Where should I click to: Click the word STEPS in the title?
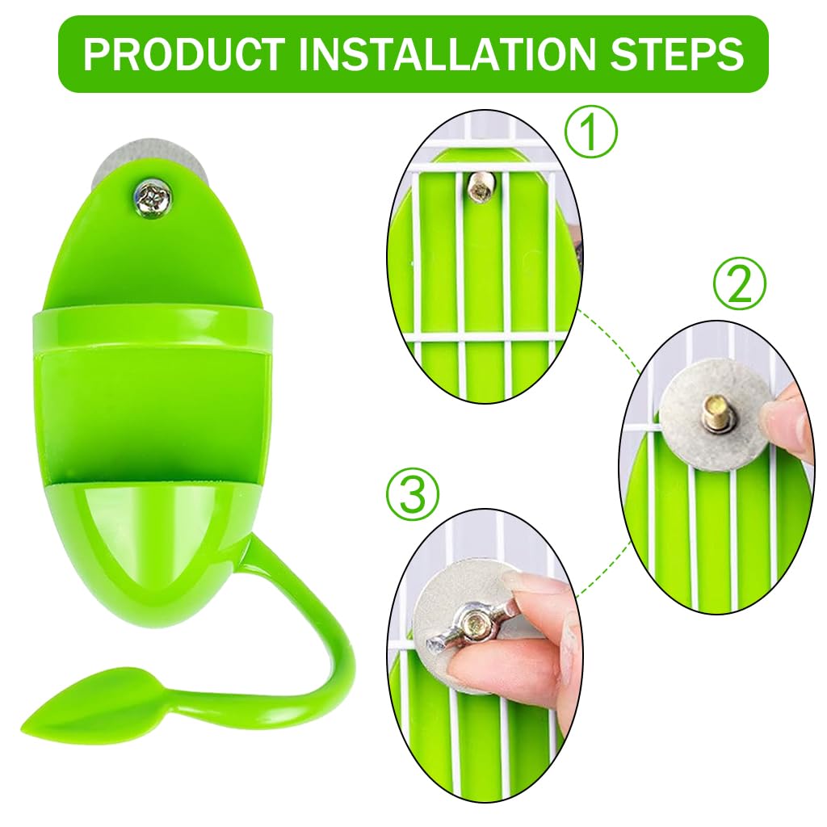(677, 54)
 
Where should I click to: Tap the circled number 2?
(739, 283)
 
